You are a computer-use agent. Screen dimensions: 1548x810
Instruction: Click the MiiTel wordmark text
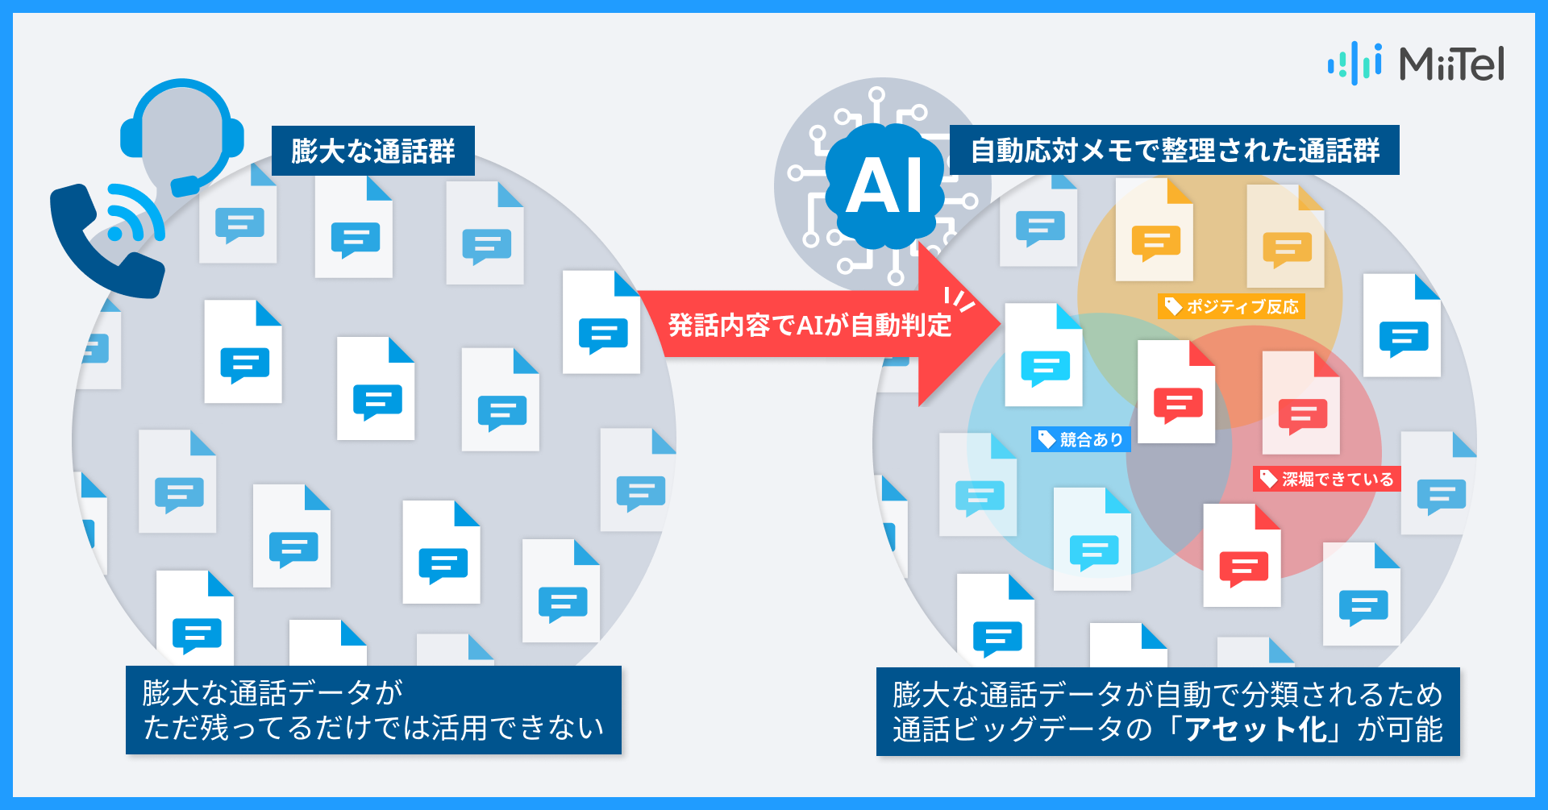(1451, 64)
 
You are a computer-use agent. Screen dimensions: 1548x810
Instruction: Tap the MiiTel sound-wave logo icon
(1354, 63)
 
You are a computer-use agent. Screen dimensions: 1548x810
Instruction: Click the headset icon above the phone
(182, 133)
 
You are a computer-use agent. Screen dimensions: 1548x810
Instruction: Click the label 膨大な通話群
(372, 151)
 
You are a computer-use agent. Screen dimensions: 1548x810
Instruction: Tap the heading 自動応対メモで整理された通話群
(1174, 150)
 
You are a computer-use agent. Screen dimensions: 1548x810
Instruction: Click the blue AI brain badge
(884, 185)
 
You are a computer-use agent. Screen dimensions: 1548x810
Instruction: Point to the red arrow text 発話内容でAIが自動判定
(809, 325)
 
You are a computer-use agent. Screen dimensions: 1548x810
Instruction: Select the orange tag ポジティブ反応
(1231, 306)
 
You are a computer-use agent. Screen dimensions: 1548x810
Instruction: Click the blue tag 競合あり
(1081, 439)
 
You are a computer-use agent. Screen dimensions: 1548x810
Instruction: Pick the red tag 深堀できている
(1327, 480)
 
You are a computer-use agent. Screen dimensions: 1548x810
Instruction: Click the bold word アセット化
(1255, 729)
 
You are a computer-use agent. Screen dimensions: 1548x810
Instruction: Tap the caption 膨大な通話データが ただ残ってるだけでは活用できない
(373, 710)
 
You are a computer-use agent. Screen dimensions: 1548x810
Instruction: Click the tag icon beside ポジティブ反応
(1173, 306)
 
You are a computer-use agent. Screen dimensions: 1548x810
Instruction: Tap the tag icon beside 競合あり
(1047, 439)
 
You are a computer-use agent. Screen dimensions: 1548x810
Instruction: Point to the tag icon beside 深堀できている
(1268, 480)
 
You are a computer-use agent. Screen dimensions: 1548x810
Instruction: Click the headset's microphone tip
(185, 186)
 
